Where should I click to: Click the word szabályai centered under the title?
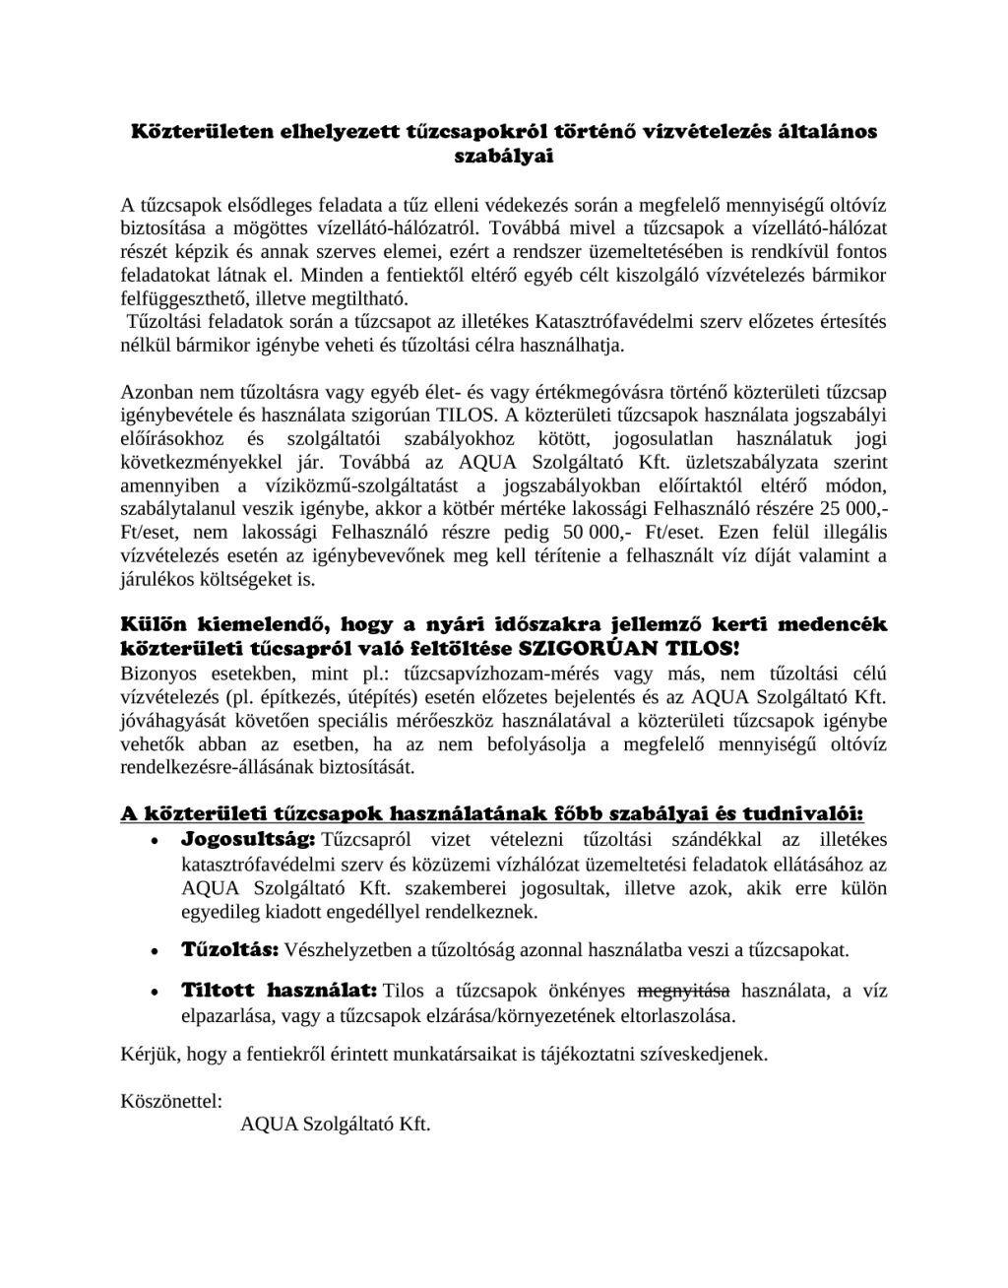click(x=503, y=155)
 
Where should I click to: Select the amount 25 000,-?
click(x=850, y=511)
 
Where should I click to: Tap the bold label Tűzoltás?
click(x=230, y=951)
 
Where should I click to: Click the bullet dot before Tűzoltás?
click(x=154, y=953)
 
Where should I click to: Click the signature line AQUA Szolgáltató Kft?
click(x=336, y=1125)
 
